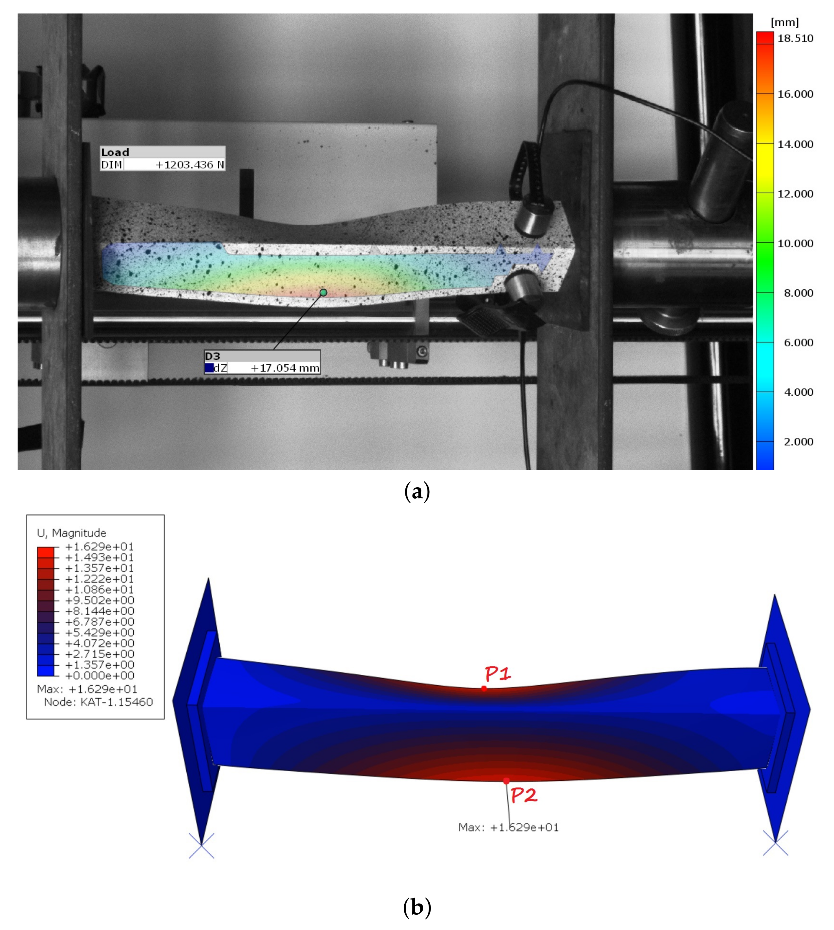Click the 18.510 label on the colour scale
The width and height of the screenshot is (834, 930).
[795, 39]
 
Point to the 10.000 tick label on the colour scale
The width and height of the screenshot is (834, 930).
[795, 243]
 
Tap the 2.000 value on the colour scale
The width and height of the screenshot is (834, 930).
[798, 442]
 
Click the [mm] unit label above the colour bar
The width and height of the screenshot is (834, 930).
[784, 22]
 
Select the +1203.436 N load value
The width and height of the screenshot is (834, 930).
[190, 165]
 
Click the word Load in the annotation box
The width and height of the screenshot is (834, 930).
[115, 152]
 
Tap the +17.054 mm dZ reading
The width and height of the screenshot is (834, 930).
[284, 368]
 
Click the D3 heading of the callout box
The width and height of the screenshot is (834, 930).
[212, 356]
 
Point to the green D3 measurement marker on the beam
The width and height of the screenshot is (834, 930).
[323, 292]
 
